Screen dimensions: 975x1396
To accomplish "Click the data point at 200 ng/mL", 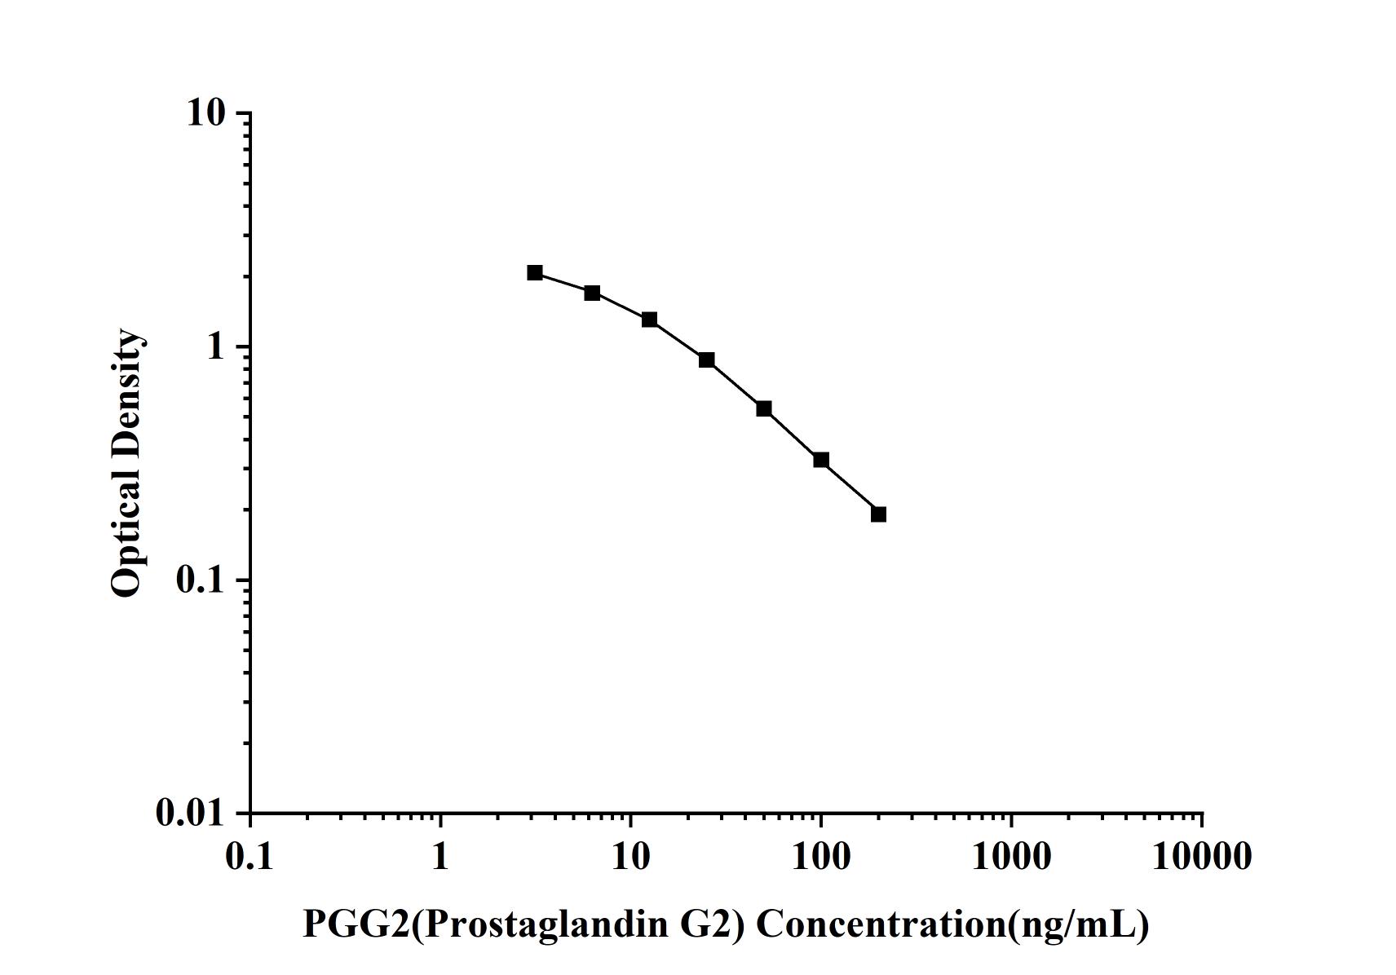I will [x=878, y=514].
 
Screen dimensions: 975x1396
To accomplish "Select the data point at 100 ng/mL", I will [x=821, y=461].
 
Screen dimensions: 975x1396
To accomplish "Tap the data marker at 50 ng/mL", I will [x=764, y=408].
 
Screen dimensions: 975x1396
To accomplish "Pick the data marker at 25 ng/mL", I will [x=707, y=360].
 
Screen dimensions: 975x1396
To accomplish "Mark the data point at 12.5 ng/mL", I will [x=649, y=320].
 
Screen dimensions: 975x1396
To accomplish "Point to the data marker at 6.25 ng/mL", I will [x=592, y=293].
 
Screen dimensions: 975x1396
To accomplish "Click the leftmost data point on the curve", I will [x=535, y=272].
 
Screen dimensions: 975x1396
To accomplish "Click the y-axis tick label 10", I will [x=205, y=113].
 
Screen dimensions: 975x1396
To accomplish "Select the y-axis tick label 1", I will [x=215, y=347].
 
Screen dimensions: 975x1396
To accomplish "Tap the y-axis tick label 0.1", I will [x=200, y=580].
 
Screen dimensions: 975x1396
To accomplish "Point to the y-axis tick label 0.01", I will [x=190, y=814].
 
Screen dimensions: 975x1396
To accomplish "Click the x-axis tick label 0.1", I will [x=250, y=857].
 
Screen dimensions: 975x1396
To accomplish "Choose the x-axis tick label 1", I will [x=440, y=857].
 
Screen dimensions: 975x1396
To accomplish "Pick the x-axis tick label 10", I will [x=630, y=857].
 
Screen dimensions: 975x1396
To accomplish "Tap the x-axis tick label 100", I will [x=821, y=857].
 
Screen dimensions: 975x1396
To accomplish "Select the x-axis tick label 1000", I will [x=1011, y=857].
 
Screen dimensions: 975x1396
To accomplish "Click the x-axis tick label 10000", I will [x=1201, y=857].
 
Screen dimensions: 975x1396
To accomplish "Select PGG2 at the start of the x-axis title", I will [x=356, y=924].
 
